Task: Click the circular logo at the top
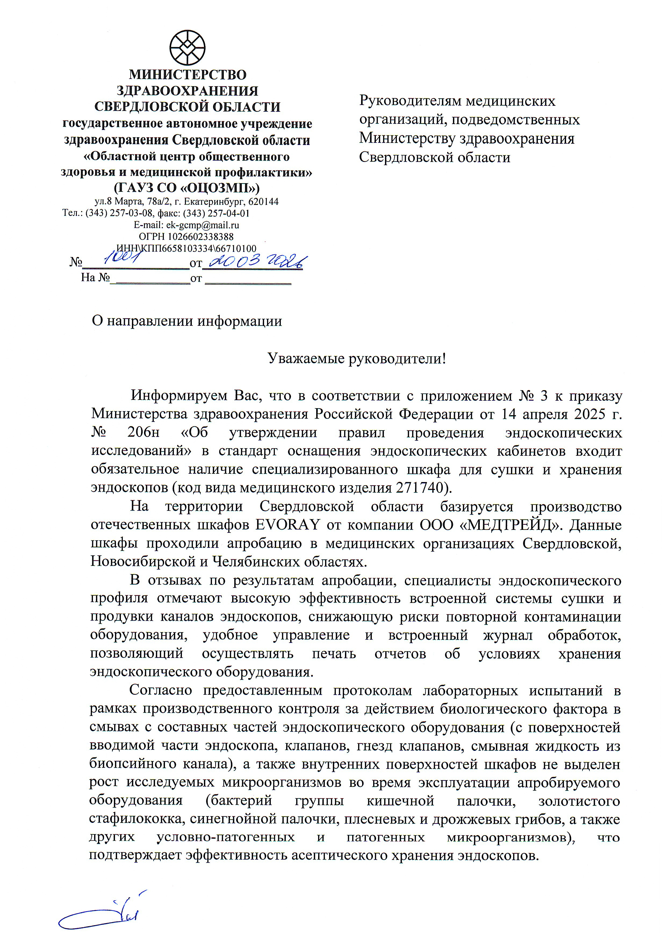188,48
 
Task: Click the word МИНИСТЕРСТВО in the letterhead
188,75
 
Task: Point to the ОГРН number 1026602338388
200,237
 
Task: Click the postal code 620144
263,202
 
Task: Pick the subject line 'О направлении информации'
187,321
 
